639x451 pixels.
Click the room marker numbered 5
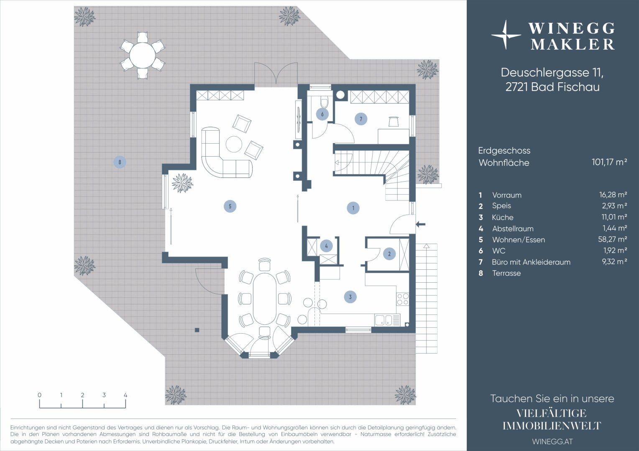coord(230,206)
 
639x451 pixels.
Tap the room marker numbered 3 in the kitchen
coord(350,297)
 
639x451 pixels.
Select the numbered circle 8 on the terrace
coord(120,162)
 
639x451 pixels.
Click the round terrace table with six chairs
coord(142,55)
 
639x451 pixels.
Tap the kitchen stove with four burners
coord(403,299)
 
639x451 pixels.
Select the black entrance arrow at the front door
coord(420,224)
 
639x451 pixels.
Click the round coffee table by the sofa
coord(234,144)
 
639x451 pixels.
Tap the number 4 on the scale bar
coord(125,395)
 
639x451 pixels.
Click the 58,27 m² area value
coord(613,239)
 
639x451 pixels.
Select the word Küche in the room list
coord(502,218)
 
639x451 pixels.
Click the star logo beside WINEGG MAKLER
coord(506,35)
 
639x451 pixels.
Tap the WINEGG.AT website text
coord(552,441)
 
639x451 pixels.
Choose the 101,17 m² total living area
coord(609,162)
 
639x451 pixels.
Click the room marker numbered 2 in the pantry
coord(389,253)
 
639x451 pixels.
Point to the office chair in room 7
coord(394,121)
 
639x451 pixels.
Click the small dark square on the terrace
coord(197,330)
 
